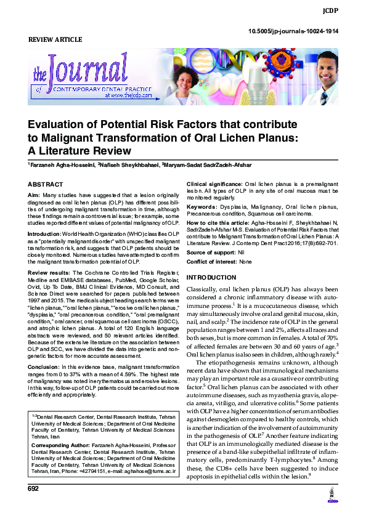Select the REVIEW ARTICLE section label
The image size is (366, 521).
tap(55, 40)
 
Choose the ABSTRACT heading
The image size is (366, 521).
tap(46, 185)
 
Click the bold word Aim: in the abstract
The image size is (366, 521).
tap(35, 195)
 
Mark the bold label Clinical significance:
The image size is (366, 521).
tap(214, 185)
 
